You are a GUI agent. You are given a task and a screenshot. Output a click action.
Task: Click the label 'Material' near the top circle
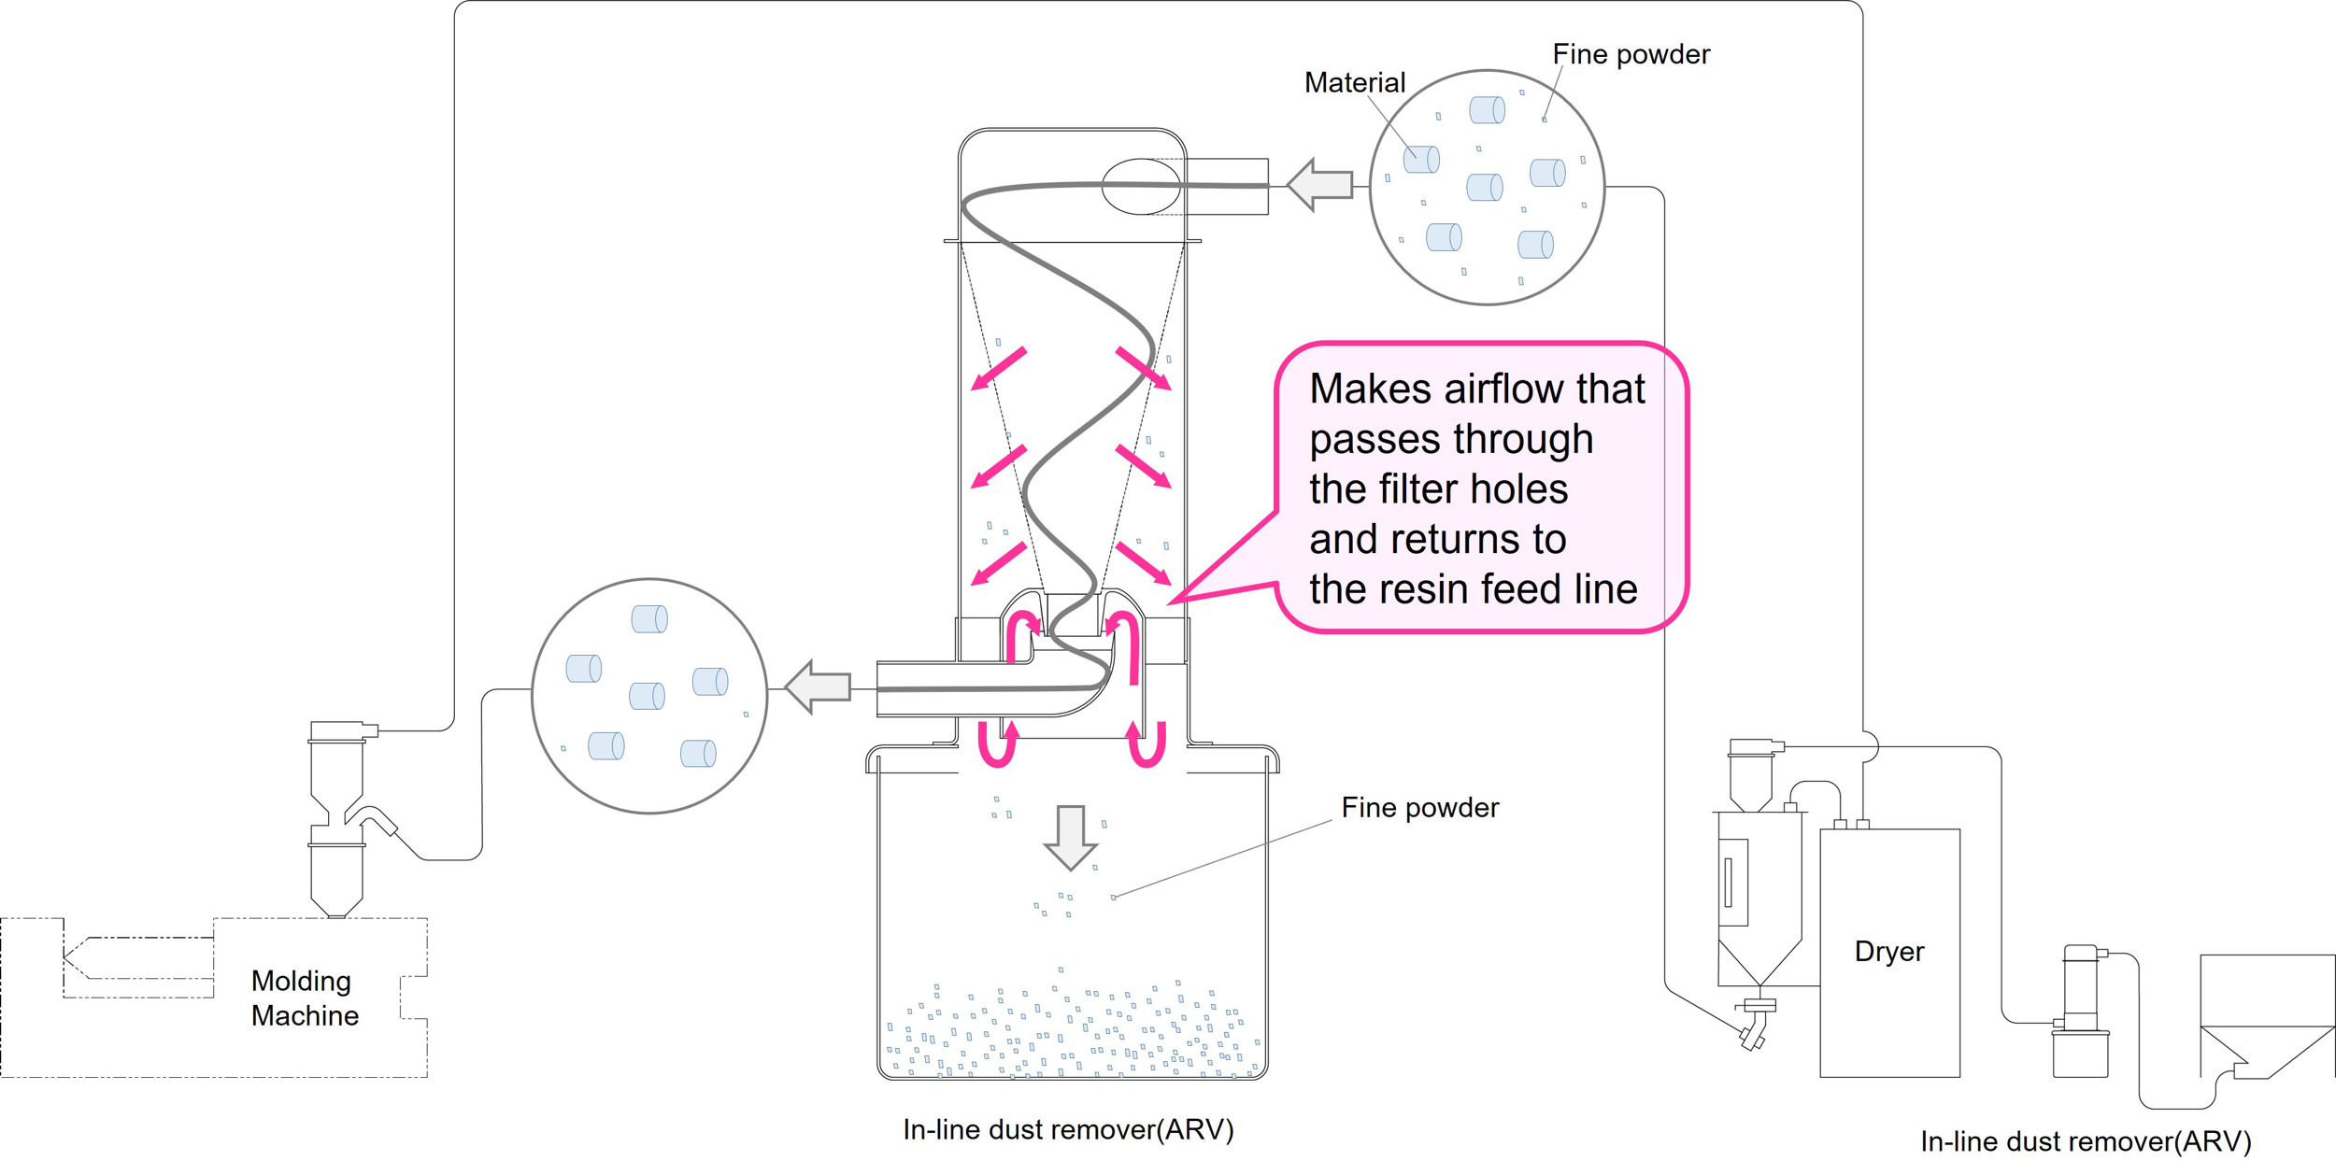pyautogui.click(x=1354, y=83)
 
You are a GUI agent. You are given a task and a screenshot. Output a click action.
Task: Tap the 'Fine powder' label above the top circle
pyautogui.click(x=1631, y=54)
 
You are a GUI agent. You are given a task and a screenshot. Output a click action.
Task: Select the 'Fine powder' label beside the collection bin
pyautogui.click(x=1419, y=808)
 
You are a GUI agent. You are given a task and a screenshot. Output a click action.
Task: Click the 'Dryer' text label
pyautogui.click(x=1889, y=952)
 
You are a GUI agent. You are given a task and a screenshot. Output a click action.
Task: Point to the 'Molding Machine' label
pyautogui.click(x=305, y=998)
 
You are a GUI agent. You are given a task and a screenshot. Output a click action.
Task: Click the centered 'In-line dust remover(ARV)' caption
pyautogui.click(x=1068, y=1130)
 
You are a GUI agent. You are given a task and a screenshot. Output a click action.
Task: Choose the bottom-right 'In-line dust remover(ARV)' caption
pyautogui.click(x=2086, y=1141)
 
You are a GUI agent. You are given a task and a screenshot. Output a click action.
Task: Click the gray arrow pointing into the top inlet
pyautogui.click(x=1319, y=184)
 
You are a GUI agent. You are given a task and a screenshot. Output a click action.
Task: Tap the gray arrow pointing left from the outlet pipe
pyautogui.click(x=818, y=687)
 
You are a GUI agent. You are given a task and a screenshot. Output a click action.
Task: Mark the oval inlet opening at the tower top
pyautogui.click(x=1142, y=187)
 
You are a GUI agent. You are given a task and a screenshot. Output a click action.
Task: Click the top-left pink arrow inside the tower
pyautogui.click(x=999, y=368)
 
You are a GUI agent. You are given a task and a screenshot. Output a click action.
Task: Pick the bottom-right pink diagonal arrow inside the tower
pyautogui.click(x=1144, y=563)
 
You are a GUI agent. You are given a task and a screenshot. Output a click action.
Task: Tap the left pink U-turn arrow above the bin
pyautogui.click(x=998, y=743)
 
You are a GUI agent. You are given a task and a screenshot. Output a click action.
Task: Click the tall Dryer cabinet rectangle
pyautogui.click(x=1889, y=953)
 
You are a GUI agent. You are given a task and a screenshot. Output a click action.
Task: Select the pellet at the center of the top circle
pyautogui.click(x=1484, y=187)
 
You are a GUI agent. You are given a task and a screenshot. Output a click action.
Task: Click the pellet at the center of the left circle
pyautogui.click(x=647, y=696)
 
